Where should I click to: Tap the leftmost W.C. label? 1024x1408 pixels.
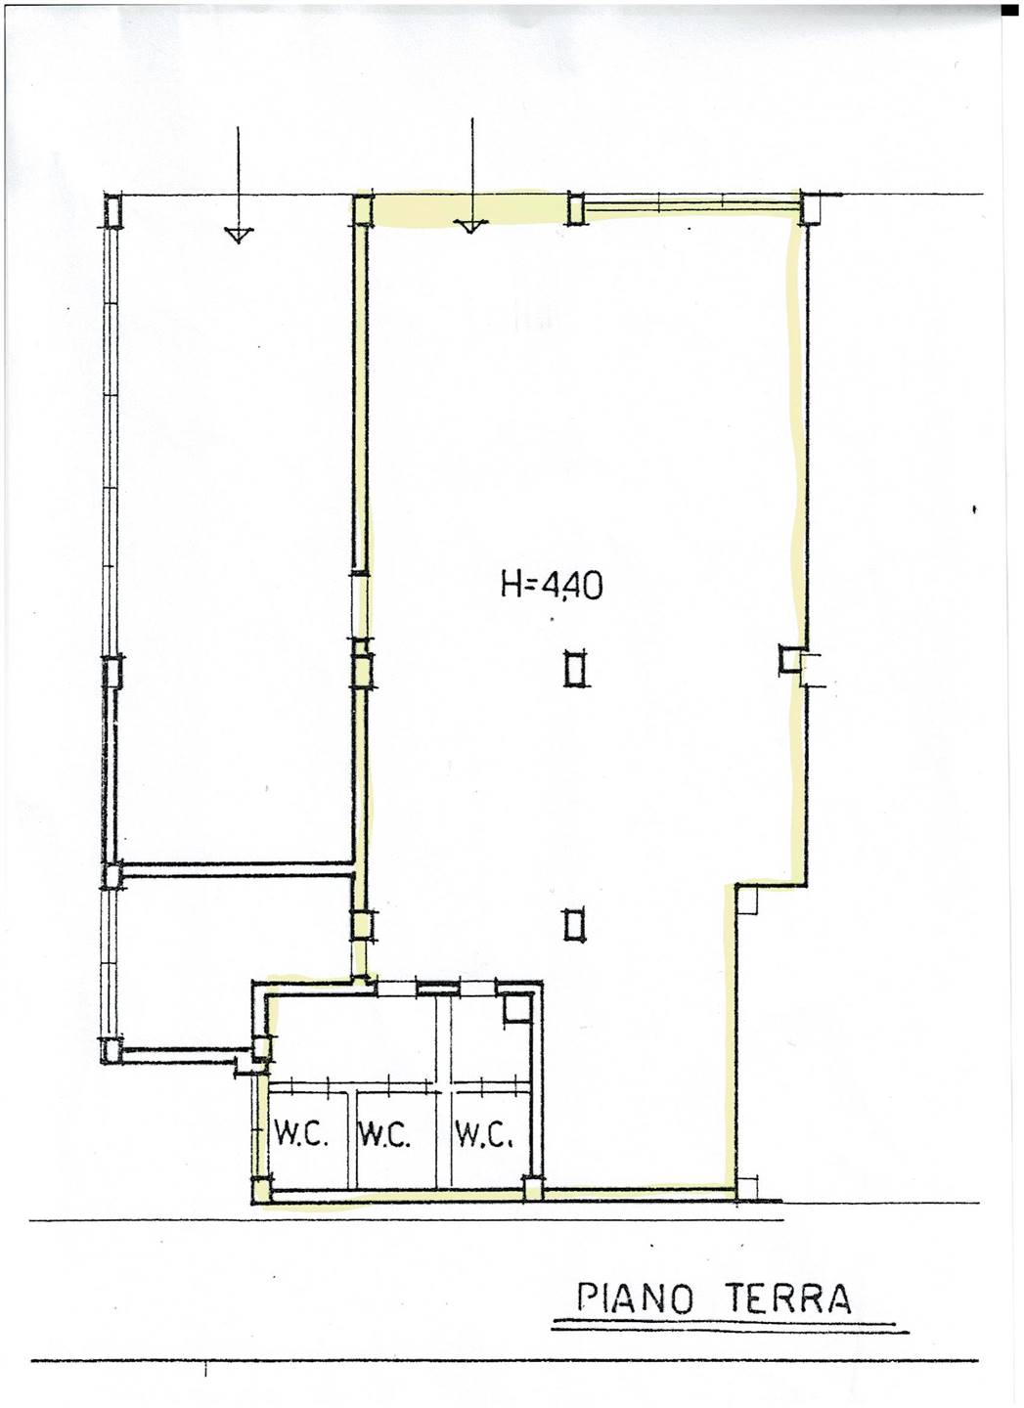click(298, 1136)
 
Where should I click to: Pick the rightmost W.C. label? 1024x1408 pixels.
click(483, 1136)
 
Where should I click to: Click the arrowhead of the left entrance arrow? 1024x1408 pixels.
click(236, 234)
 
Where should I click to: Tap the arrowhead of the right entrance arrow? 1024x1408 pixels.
click(468, 226)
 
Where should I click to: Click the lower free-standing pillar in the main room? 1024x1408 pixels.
click(575, 923)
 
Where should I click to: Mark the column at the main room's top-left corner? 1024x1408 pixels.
click(363, 210)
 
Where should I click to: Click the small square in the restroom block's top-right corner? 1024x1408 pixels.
click(514, 1008)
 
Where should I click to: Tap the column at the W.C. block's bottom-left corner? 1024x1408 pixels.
click(262, 1191)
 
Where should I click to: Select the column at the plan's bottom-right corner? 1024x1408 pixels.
click(747, 1187)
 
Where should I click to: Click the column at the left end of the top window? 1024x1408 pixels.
click(576, 207)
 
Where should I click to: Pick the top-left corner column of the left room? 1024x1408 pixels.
click(113, 210)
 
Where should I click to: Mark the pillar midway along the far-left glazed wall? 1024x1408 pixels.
click(113, 672)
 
